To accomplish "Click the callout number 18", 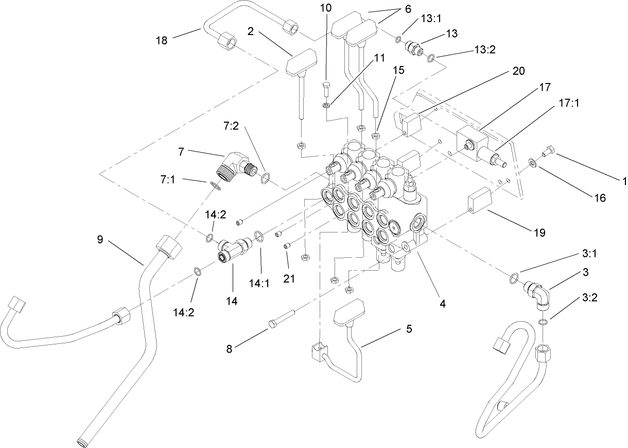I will pyautogui.click(x=162, y=40).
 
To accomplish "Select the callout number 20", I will pyautogui.click(x=518, y=71).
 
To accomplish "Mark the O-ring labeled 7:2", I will pyautogui.click(x=265, y=179).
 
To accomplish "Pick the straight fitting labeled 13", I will pyautogui.click(x=413, y=47).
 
